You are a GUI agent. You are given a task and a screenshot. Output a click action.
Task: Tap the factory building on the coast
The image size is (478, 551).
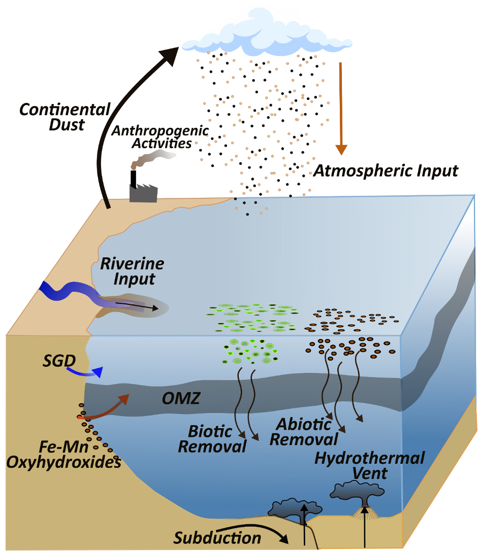(143, 192)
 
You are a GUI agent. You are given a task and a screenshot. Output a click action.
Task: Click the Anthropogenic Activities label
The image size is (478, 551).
(160, 136)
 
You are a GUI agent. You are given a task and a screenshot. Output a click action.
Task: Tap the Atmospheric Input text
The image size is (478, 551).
(386, 170)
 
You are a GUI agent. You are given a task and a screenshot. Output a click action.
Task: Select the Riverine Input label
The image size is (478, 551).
(132, 271)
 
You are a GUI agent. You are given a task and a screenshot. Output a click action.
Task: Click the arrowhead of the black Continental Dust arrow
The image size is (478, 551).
(170, 52)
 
